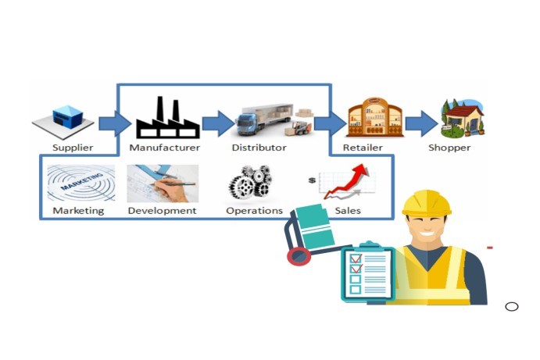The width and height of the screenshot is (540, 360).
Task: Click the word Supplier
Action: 73,147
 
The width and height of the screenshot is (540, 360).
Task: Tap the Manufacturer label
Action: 165,147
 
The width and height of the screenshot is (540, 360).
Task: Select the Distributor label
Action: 259,147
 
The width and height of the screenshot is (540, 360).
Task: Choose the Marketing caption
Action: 78,210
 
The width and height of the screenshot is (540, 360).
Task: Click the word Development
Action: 162,210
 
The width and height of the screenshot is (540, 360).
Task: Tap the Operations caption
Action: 254,210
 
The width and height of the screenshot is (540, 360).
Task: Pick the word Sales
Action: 348,210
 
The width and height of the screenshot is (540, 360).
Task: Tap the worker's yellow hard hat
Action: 427,203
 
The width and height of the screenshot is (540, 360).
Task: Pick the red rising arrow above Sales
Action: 349,180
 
